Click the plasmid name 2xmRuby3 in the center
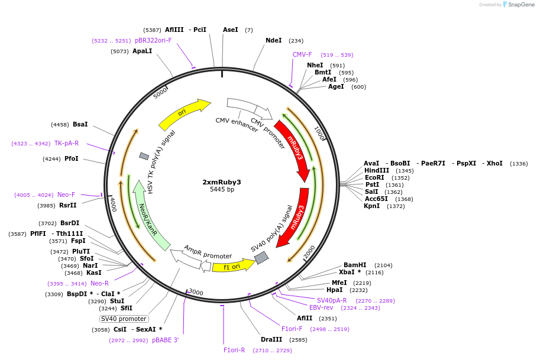222,181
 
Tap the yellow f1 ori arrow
232,266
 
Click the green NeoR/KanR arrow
148,216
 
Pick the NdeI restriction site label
274,40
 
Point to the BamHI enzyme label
355,265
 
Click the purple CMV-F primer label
302,54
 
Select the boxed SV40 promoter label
124,319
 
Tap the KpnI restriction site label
372,206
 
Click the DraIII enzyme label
271,339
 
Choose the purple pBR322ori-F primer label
153,40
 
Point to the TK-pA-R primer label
66,143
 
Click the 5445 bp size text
222,189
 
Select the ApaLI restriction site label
142,51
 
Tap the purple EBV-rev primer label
321,307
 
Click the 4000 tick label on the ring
112,205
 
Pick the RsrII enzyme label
68,205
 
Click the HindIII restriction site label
377,170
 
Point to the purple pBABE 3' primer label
165,340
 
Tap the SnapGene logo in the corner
516,5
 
